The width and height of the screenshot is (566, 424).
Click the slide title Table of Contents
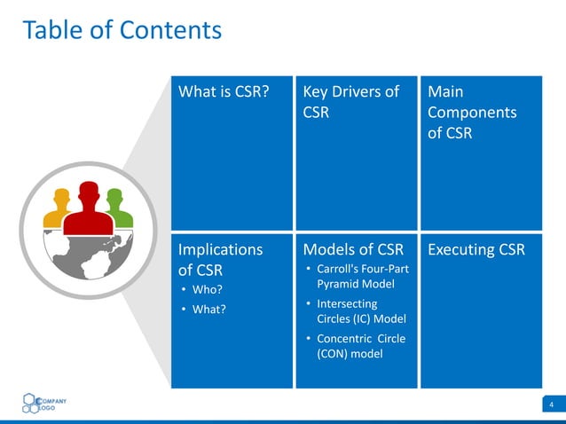coord(122,30)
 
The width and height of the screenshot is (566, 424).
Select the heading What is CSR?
coord(224,92)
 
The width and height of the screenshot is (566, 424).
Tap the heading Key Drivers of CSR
coord(351,102)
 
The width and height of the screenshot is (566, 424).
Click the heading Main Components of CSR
coord(471,113)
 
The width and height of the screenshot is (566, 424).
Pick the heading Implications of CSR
coord(221,259)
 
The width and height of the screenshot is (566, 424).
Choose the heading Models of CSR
coord(353,249)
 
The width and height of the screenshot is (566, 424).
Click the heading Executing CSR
coord(476,249)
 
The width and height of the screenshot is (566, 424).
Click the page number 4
coord(552,405)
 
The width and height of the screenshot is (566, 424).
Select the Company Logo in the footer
coord(44,403)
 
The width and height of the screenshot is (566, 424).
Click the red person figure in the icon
coord(88,209)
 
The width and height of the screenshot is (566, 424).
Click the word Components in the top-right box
coord(471,113)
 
